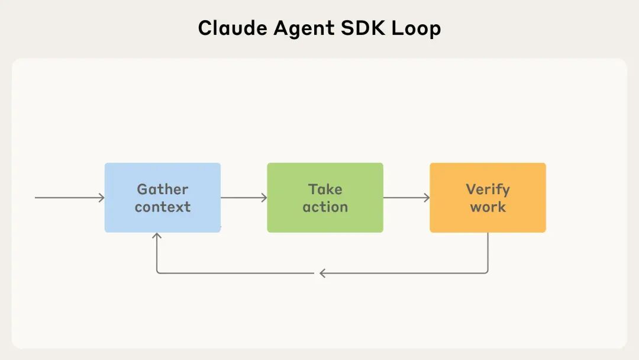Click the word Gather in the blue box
click(163, 189)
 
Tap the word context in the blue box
click(163, 207)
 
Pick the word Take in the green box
click(325, 189)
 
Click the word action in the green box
click(325, 207)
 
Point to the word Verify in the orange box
click(488, 189)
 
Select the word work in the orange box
click(488, 207)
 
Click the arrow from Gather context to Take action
click(243, 198)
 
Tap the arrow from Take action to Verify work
click(406, 198)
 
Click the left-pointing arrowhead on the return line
click(322, 273)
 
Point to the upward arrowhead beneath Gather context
click(157, 236)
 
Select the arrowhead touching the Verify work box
click(427, 198)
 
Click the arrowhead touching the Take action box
click(264, 198)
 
